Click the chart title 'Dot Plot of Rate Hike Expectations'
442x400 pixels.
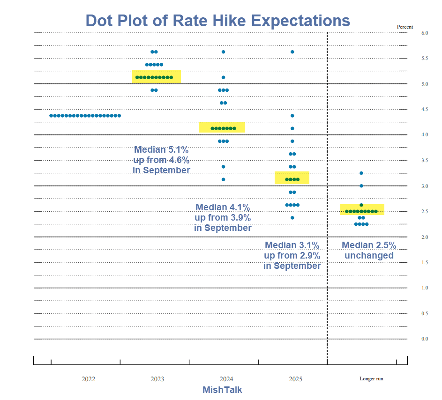point(218,21)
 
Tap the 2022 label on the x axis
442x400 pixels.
point(88,378)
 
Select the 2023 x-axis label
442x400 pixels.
point(157,378)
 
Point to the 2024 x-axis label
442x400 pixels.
point(226,378)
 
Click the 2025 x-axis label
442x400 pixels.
point(295,378)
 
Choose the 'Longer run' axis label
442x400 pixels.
point(371,378)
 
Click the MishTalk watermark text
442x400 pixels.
point(222,390)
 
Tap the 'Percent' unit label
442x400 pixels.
point(405,27)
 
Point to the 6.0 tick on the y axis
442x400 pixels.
point(425,33)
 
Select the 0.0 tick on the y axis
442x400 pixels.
point(425,339)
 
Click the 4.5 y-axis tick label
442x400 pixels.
point(425,110)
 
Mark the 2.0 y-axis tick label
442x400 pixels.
point(425,237)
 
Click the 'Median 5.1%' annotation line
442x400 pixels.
point(161,150)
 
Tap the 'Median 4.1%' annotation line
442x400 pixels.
point(223,207)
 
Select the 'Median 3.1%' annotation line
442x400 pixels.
point(292,245)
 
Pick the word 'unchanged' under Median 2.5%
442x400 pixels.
point(369,256)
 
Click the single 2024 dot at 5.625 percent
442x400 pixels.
point(223,52)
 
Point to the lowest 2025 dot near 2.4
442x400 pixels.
point(292,218)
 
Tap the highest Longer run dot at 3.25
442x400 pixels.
point(361,173)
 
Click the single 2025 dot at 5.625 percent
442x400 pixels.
point(292,52)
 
